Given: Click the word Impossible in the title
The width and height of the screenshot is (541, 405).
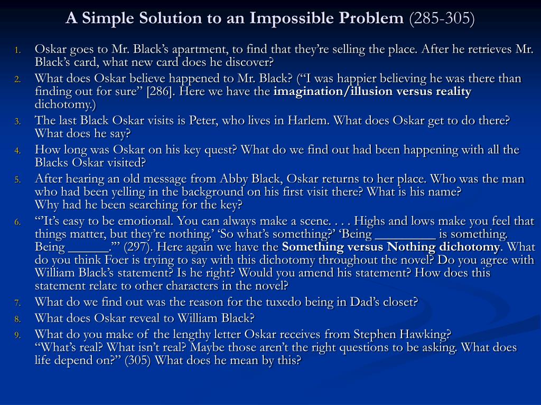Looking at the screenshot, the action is pos(292,18).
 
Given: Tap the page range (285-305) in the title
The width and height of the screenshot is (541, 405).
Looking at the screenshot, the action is pos(442,18).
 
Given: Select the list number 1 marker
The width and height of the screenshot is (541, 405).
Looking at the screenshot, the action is pos(17,50).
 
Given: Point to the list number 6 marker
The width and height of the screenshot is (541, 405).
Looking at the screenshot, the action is pos(17,222).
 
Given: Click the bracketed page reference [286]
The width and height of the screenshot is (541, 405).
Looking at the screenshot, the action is pos(160,92).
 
